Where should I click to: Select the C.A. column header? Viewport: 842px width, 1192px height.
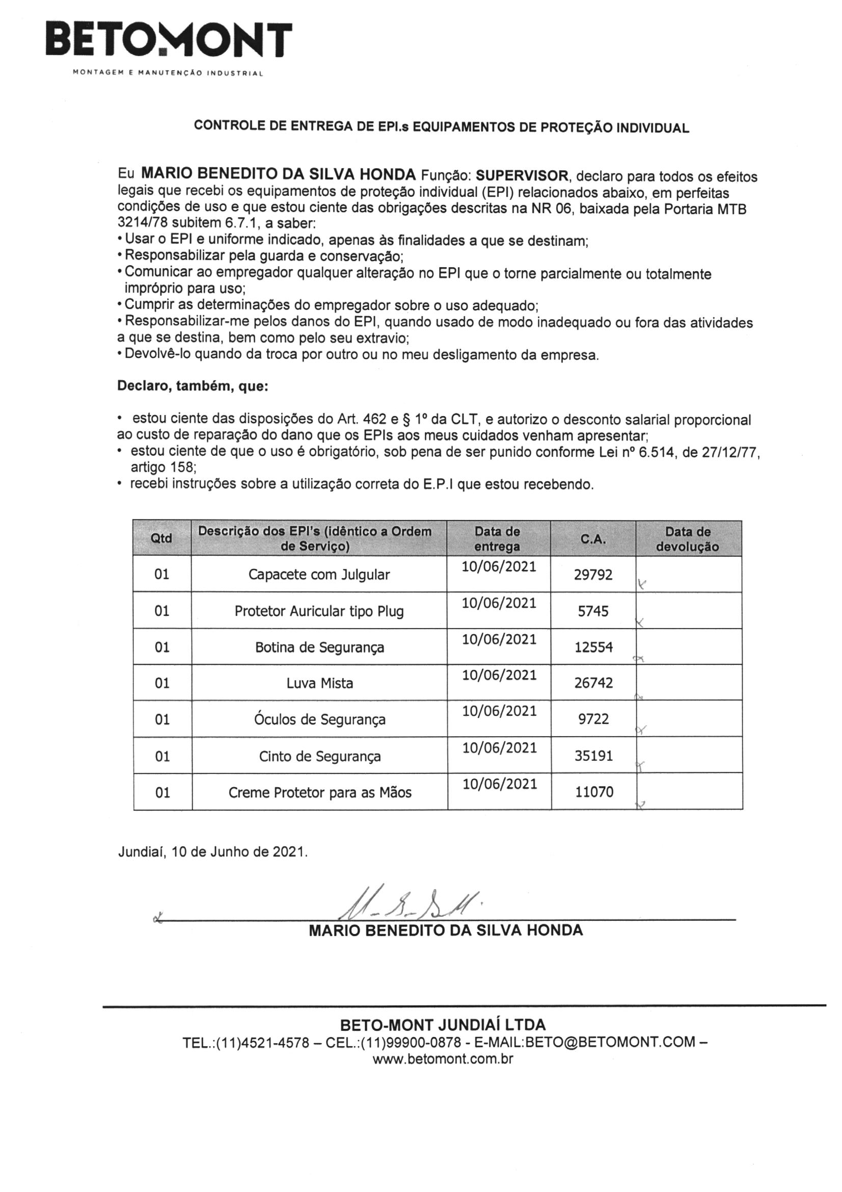(593, 539)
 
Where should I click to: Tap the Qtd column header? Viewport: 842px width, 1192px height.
(161, 538)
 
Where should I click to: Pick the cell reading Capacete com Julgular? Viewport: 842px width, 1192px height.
(318, 575)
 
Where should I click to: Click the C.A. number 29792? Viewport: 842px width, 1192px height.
(593, 575)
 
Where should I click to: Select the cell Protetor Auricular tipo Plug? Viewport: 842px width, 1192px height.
(318, 611)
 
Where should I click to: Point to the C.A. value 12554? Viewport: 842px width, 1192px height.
(593, 647)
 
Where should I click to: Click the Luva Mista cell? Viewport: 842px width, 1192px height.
(319, 683)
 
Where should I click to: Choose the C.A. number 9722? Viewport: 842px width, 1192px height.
(593, 719)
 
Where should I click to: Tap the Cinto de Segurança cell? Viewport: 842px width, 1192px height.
(319, 757)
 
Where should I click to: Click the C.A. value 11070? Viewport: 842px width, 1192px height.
(594, 792)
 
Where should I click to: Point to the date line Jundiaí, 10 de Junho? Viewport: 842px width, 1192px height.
(213, 852)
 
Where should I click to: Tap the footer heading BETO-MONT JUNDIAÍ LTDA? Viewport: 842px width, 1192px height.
(443, 1025)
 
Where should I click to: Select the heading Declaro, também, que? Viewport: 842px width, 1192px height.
(193, 386)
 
